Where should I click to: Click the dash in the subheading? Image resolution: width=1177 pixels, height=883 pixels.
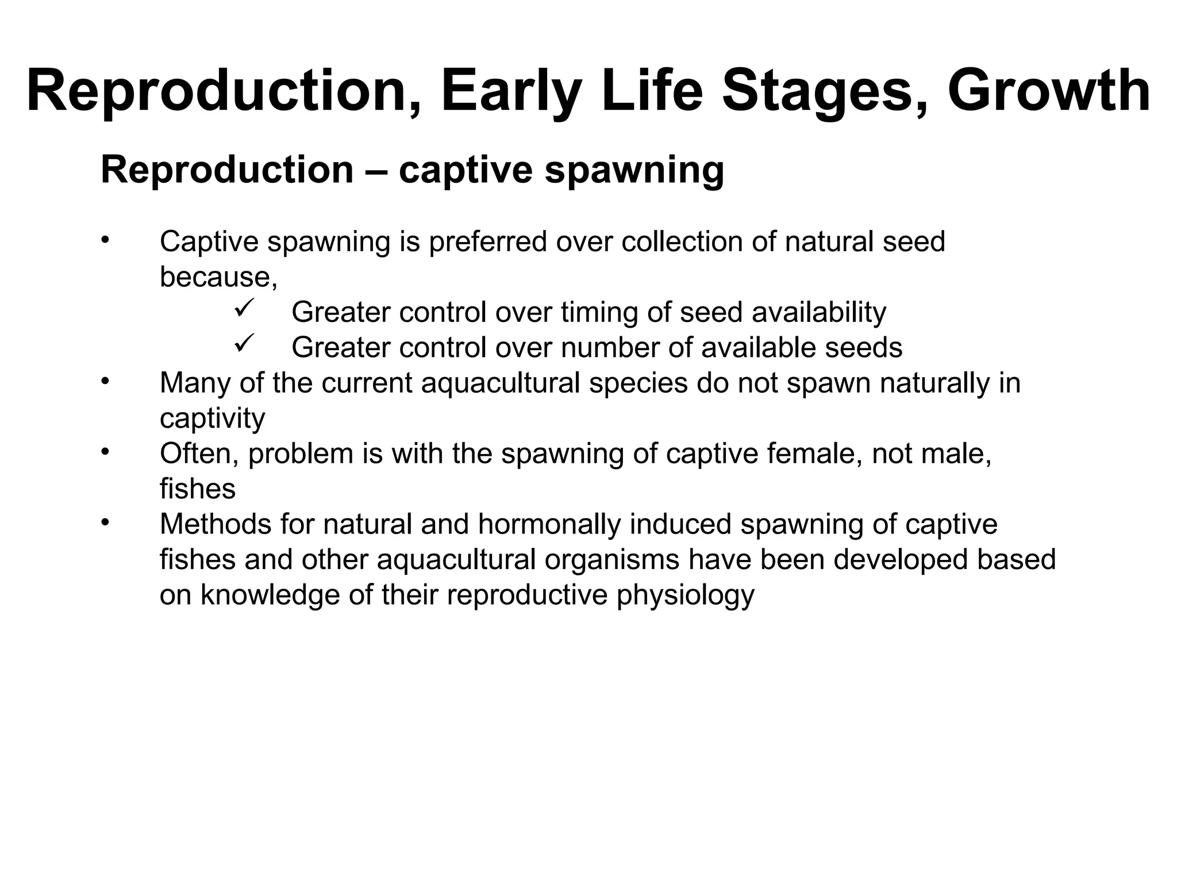pyautogui.click(x=376, y=170)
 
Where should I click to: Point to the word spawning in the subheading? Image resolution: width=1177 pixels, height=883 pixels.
pyautogui.click(x=634, y=170)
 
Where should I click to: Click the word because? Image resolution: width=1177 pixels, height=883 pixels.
pyautogui.click(x=218, y=277)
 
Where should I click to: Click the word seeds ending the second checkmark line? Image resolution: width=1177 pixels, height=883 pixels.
pyautogui.click(x=863, y=348)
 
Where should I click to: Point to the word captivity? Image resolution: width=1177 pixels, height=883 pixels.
pyautogui.click(x=212, y=419)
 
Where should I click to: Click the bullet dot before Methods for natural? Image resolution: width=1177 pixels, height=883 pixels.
pyautogui.click(x=104, y=523)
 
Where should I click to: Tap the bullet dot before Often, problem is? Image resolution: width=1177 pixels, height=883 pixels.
pyautogui.click(x=104, y=452)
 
